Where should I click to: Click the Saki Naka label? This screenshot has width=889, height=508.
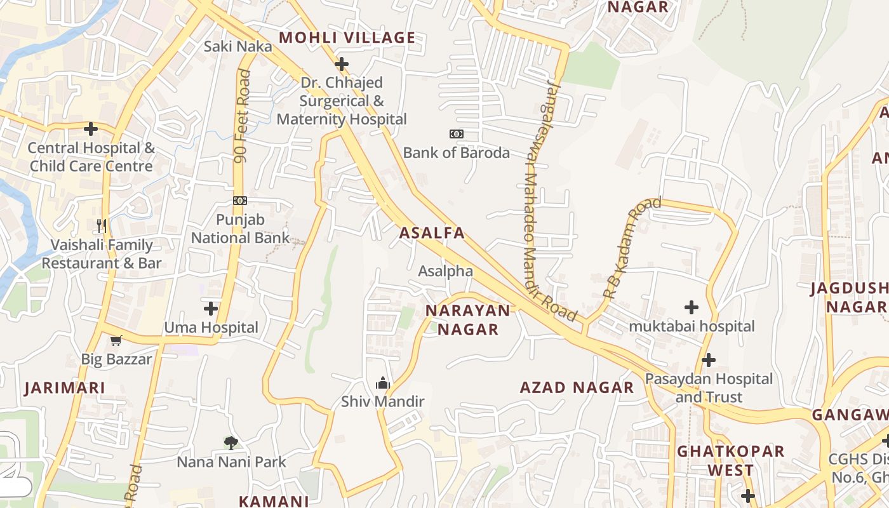[x=237, y=46]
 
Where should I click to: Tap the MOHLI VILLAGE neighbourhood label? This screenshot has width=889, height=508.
[x=347, y=37]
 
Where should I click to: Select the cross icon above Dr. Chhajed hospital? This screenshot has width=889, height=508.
[x=342, y=63]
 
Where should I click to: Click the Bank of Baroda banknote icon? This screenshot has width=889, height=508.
[x=456, y=134]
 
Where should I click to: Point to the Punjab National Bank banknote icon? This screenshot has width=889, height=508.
[x=239, y=201]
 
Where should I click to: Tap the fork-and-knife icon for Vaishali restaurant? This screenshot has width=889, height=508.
[x=101, y=225]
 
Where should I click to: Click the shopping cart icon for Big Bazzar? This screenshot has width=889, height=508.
[x=116, y=341]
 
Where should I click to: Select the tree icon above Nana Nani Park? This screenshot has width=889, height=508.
[x=231, y=443]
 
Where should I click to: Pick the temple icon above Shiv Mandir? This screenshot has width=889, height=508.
[x=382, y=383]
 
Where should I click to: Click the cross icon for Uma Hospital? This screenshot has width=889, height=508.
[x=211, y=309]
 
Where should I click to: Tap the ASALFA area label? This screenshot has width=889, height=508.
[x=432, y=233]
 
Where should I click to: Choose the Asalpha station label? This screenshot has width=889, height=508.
[x=445, y=271]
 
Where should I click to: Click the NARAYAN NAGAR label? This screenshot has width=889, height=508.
[x=468, y=319]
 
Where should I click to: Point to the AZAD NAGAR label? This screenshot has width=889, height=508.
[x=577, y=387]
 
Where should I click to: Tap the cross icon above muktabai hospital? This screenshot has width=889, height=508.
[x=692, y=307]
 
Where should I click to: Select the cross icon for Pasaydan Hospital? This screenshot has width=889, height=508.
[x=708, y=360]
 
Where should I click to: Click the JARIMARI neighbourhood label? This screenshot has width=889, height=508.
[x=64, y=388]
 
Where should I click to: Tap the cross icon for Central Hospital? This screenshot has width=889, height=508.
[x=91, y=129]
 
